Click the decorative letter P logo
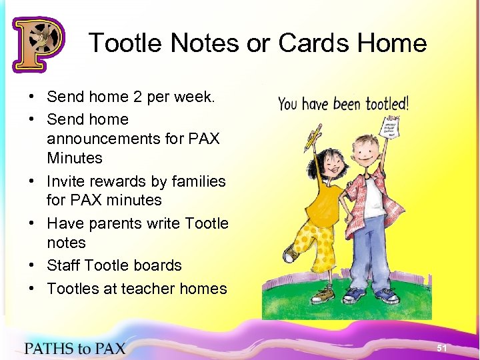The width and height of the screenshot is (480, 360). [x=38, y=44]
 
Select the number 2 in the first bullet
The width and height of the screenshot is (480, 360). [x=138, y=97]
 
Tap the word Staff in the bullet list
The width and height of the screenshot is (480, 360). [x=64, y=265]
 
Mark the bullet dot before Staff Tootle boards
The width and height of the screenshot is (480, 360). [x=32, y=265]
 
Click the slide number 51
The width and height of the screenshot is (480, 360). [x=441, y=348]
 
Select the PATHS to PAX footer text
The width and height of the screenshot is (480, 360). [x=75, y=347]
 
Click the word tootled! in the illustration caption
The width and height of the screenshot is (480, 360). [x=385, y=103]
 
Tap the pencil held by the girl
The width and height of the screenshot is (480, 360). [x=312, y=136]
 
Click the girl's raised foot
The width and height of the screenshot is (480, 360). [x=288, y=255]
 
